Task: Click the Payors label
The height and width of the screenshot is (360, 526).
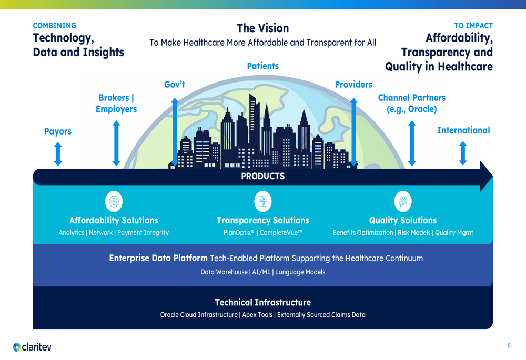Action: coord(58,131)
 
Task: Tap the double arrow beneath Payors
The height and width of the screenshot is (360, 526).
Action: coord(58,154)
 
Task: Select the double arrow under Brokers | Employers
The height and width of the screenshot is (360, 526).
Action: coord(116,143)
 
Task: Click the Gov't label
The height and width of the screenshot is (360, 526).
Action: coord(175,84)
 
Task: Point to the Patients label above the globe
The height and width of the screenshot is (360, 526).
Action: coord(262,66)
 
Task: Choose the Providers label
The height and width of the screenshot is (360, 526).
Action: coord(353,84)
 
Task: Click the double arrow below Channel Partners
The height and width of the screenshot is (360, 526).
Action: coord(412,143)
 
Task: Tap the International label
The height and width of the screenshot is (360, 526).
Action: coord(463,130)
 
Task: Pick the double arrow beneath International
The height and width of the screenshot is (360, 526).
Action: coord(463,153)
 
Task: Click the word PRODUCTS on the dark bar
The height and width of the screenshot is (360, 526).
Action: coord(262,176)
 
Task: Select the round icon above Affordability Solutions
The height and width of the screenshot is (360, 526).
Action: coord(114,201)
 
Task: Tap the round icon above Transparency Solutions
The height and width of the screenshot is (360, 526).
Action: coord(262,201)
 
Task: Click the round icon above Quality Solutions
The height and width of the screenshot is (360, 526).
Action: coord(403,201)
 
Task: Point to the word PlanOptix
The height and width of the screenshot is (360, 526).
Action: coord(238,233)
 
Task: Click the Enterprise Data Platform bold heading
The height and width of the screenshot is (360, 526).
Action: coord(158,258)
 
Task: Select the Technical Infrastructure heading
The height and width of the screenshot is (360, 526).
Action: coord(262,302)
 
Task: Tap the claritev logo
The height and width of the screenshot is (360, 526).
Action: coord(33,347)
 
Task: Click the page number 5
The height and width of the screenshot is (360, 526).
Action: coord(509,345)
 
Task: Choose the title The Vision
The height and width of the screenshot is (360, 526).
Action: coord(262,28)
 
